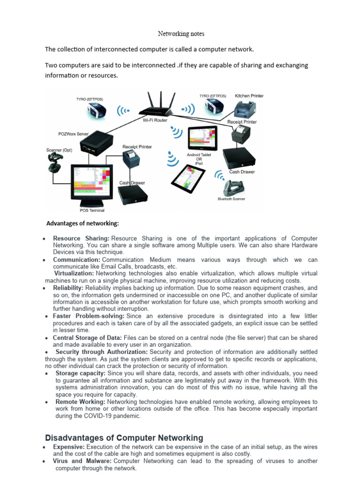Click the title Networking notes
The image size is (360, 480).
180,34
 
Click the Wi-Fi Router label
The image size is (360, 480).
155,120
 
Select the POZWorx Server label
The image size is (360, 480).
74,134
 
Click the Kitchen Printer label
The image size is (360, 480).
249,96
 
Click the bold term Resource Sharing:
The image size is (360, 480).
81,239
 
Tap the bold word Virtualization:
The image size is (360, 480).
74,273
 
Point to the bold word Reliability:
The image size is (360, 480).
68,287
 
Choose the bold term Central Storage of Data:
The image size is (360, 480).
87,338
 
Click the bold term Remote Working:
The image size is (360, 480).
80,402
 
